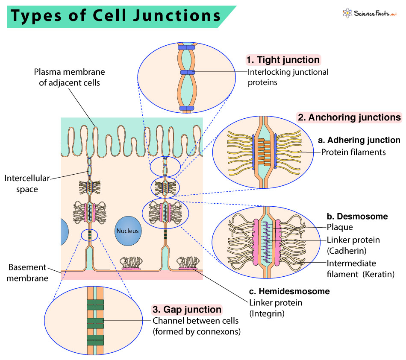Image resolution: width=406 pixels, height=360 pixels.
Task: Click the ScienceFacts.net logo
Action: tap(370, 13)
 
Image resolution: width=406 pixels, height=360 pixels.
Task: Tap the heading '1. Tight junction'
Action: tap(283, 60)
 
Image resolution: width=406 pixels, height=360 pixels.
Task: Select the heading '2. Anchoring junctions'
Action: tap(349, 117)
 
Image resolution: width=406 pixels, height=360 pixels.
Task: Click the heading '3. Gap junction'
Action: tap(187, 310)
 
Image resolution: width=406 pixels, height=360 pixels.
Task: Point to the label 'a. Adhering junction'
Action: tap(359, 140)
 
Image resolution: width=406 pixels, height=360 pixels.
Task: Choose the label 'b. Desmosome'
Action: tap(357, 217)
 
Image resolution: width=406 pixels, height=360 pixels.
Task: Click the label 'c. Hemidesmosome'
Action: tap(289, 291)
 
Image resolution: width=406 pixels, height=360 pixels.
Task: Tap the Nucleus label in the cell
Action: tap(127, 231)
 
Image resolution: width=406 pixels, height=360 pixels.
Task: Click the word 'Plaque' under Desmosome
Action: tap(340, 227)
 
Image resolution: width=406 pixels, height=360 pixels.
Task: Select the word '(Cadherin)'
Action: tap(347, 251)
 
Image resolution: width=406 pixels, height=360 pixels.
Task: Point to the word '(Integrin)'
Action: tap(267, 314)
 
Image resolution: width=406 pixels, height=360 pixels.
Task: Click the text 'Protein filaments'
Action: tap(353, 152)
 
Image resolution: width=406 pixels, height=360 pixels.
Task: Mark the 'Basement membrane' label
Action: tap(27, 272)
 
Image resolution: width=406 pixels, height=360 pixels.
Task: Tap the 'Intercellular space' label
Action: tap(27, 184)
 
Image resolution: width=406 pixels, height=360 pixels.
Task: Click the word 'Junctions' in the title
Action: tap(177, 15)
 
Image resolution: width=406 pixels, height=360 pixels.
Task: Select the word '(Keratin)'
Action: tap(378, 274)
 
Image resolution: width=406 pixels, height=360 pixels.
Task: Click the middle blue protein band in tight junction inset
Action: tap(188, 72)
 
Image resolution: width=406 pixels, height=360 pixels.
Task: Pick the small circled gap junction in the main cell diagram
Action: tap(89, 235)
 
